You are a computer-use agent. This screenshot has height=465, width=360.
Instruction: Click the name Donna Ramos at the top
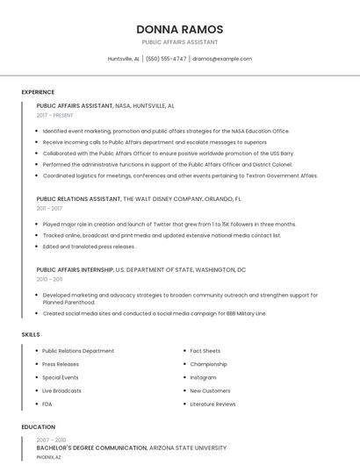tap(179, 29)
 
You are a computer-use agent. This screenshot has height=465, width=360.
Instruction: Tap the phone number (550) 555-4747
tap(166, 59)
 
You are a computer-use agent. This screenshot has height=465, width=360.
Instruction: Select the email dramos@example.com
tap(222, 59)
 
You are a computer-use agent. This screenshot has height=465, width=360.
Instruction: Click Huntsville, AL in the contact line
tap(123, 59)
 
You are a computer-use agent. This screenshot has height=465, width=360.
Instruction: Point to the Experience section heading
tap(38, 92)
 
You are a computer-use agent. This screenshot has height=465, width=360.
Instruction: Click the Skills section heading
tap(31, 334)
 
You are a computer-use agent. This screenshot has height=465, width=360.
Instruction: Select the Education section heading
tap(38, 427)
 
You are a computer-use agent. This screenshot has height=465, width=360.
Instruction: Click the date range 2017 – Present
tap(55, 115)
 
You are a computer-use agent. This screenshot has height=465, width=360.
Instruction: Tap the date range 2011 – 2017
tap(49, 208)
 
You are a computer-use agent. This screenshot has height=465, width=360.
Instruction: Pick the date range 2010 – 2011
tap(49, 279)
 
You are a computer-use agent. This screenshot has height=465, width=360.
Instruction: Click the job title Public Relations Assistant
tap(79, 199)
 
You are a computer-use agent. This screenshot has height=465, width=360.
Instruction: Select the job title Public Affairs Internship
tap(76, 270)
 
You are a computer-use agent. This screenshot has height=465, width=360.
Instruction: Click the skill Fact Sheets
tap(205, 351)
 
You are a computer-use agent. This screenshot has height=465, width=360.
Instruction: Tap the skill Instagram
tap(203, 377)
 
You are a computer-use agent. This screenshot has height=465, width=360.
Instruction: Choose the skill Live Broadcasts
tap(61, 390)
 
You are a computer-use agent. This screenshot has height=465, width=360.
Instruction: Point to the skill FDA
tap(47, 404)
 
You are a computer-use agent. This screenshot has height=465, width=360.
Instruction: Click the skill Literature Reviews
tap(212, 404)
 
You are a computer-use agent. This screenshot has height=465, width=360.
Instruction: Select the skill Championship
tap(208, 364)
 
